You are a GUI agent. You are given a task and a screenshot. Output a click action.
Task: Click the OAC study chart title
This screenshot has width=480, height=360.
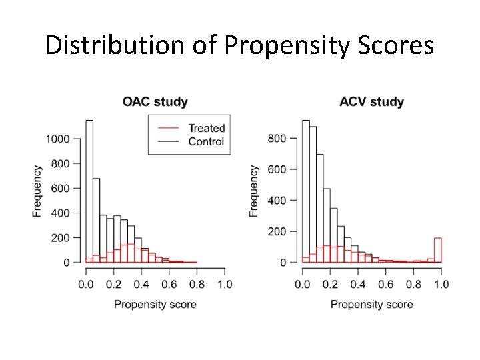tap(155, 102)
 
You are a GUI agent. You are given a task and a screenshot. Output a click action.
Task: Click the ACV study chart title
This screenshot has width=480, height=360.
tap(371, 102)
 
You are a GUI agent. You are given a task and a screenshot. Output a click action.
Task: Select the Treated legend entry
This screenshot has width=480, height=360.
tap(206, 128)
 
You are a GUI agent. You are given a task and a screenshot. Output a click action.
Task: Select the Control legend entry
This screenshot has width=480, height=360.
tap(206, 141)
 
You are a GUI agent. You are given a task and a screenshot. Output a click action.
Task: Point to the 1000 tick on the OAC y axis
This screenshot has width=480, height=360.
tap(57, 139)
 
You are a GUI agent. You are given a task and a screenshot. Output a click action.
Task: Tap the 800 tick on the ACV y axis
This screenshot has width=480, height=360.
tap(278, 139)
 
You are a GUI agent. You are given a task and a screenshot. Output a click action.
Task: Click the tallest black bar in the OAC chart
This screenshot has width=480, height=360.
tap(89, 193)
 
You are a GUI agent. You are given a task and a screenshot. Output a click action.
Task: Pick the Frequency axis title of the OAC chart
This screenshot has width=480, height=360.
tap(38, 191)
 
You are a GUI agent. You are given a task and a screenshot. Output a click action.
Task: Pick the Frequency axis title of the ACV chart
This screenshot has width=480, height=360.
tap(254, 191)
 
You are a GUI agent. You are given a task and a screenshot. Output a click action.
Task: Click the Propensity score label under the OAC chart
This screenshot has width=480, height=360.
tap(155, 305)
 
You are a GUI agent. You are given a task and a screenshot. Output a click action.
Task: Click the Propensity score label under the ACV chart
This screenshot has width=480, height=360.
tap(371, 305)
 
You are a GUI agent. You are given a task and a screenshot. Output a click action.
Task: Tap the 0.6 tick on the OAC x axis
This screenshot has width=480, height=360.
tap(169, 285)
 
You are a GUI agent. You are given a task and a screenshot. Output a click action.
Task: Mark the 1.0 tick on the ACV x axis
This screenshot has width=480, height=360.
tap(440, 285)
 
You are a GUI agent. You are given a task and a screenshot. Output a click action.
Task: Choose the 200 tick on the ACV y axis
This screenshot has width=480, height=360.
tap(278, 232)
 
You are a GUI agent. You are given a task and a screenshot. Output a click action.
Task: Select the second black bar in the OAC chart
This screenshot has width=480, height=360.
tap(96, 220)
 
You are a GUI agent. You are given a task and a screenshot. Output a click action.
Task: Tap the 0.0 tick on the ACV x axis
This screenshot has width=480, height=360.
tap(302, 285)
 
